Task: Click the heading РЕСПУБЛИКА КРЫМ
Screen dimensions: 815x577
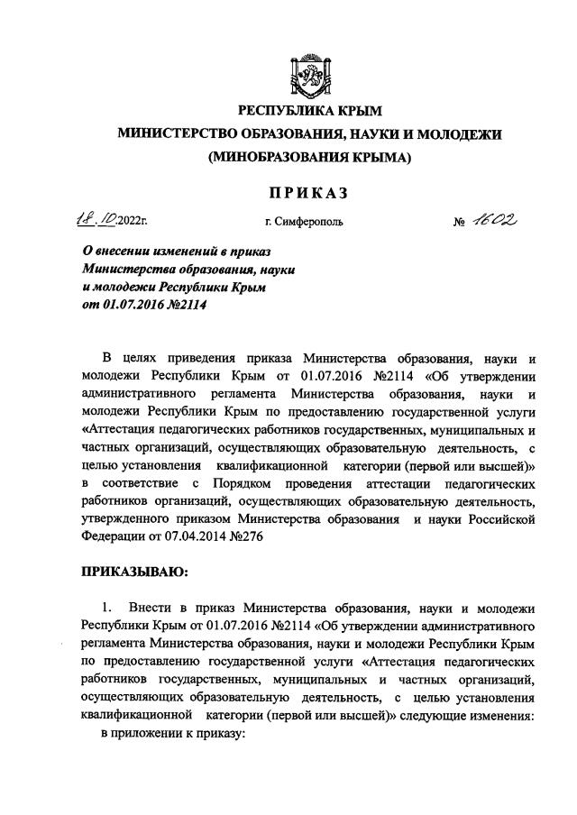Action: [x=309, y=111]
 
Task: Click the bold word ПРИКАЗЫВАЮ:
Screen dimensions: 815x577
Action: [x=134, y=571]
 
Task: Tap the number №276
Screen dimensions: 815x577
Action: [x=244, y=536]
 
